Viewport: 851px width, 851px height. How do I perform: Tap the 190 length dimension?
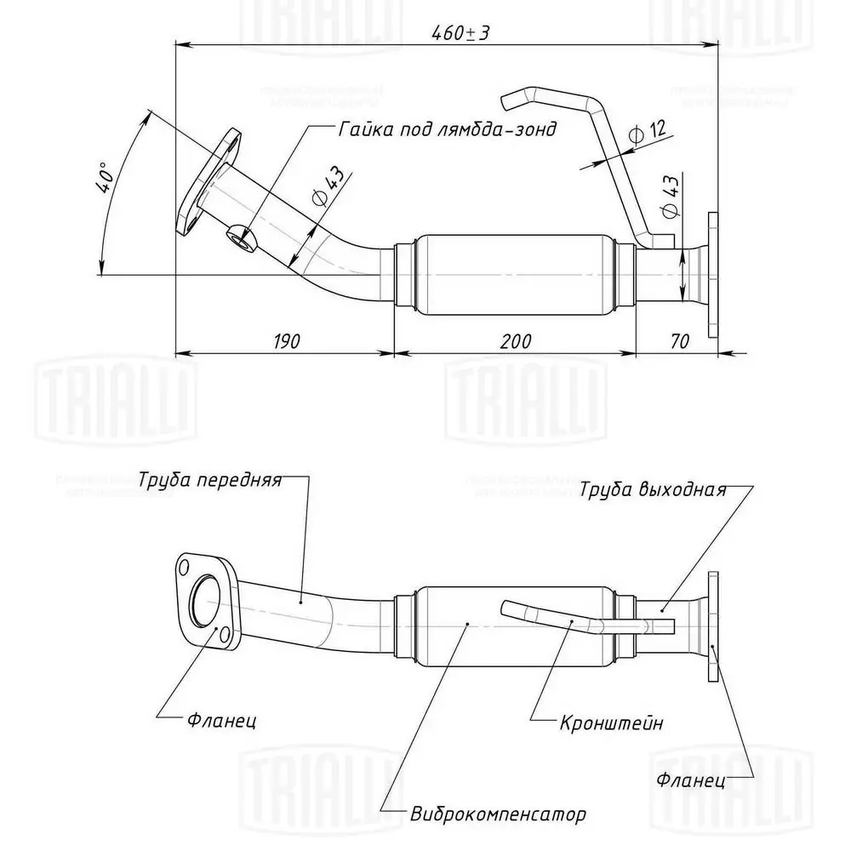pyautogui.click(x=286, y=341)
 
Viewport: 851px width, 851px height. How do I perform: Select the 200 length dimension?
pyautogui.click(x=516, y=341)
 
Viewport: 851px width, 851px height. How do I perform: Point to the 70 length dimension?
pyautogui.click(x=679, y=341)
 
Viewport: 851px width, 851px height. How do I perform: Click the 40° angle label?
pyautogui.click(x=105, y=177)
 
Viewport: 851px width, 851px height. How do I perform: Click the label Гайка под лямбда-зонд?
pyautogui.click(x=446, y=129)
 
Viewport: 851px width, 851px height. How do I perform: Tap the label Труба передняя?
pyautogui.click(x=209, y=479)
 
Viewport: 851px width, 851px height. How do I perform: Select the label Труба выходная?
pyautogui.click(x=654, y=489)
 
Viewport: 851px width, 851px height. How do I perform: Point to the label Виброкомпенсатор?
pyautogui.click(x=498, y=814)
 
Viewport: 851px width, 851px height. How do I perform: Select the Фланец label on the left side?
pyautogui.click(x=221, y=721)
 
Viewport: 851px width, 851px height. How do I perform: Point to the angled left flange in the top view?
pyautogui.click(x=208, y=180)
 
